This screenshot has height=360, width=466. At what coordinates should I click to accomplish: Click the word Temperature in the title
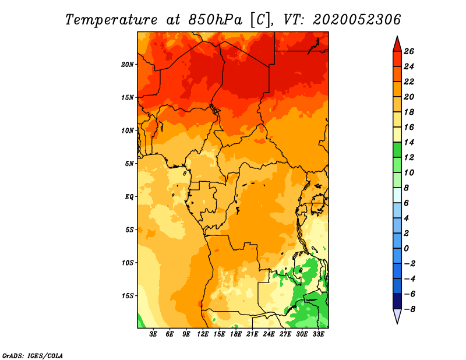click(x=111, y=20)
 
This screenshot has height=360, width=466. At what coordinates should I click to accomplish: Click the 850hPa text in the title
click(x=215, y=20)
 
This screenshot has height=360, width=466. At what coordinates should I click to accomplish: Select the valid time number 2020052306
click(x=356, y=20)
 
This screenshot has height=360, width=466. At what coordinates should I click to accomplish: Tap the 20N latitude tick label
click(x=128, y=65)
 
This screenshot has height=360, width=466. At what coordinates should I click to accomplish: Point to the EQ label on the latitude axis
click(x=129, y=197)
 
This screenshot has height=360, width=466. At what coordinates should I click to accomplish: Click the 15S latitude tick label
click(x=128, y=296)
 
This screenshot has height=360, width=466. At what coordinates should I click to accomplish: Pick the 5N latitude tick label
click(x=129, y=164)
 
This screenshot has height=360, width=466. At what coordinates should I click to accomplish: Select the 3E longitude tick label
click(x=153, y=334)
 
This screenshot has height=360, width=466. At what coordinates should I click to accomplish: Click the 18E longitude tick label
click(x=236, y=334)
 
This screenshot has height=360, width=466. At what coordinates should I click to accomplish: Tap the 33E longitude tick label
click(x=318, y=334)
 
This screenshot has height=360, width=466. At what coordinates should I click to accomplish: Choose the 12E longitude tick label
click(x=203, y=334)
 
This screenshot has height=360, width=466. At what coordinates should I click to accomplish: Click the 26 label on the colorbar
click(x=409, y=51)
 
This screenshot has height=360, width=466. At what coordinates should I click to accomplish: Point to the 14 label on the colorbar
click(x=409, y=142)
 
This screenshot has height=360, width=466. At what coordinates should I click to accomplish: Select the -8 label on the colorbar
click(x=409, y=309)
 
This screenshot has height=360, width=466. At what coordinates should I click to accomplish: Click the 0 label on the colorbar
click(x=406, y=249)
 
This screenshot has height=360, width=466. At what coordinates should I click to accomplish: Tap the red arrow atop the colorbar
click(x=397, y=44)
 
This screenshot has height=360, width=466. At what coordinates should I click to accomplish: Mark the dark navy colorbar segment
click(x=397, y=301)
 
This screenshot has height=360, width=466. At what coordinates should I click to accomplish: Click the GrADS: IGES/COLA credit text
click(x=33, y=355)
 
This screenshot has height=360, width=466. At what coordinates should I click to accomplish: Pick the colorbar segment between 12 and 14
click(x=397, y=150)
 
